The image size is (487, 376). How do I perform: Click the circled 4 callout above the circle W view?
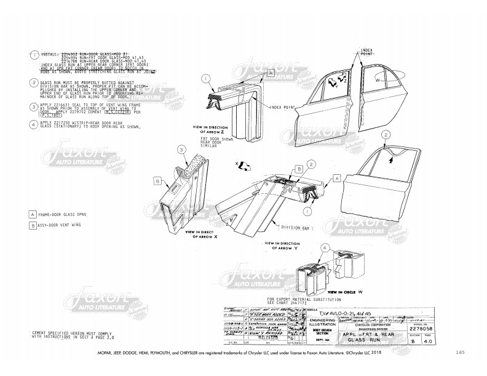[x=324, y=247]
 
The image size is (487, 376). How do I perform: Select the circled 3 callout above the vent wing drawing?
[x=181, y=148]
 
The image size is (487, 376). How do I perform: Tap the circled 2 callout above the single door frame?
[x=386, y=134]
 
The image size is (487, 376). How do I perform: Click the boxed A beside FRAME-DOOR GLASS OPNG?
[x=32, y=215]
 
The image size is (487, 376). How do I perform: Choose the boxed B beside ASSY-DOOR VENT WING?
[x=32, y=226]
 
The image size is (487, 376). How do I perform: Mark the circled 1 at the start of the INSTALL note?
[x=34, y=54]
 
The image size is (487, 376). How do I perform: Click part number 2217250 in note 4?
[x=60, y=124]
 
